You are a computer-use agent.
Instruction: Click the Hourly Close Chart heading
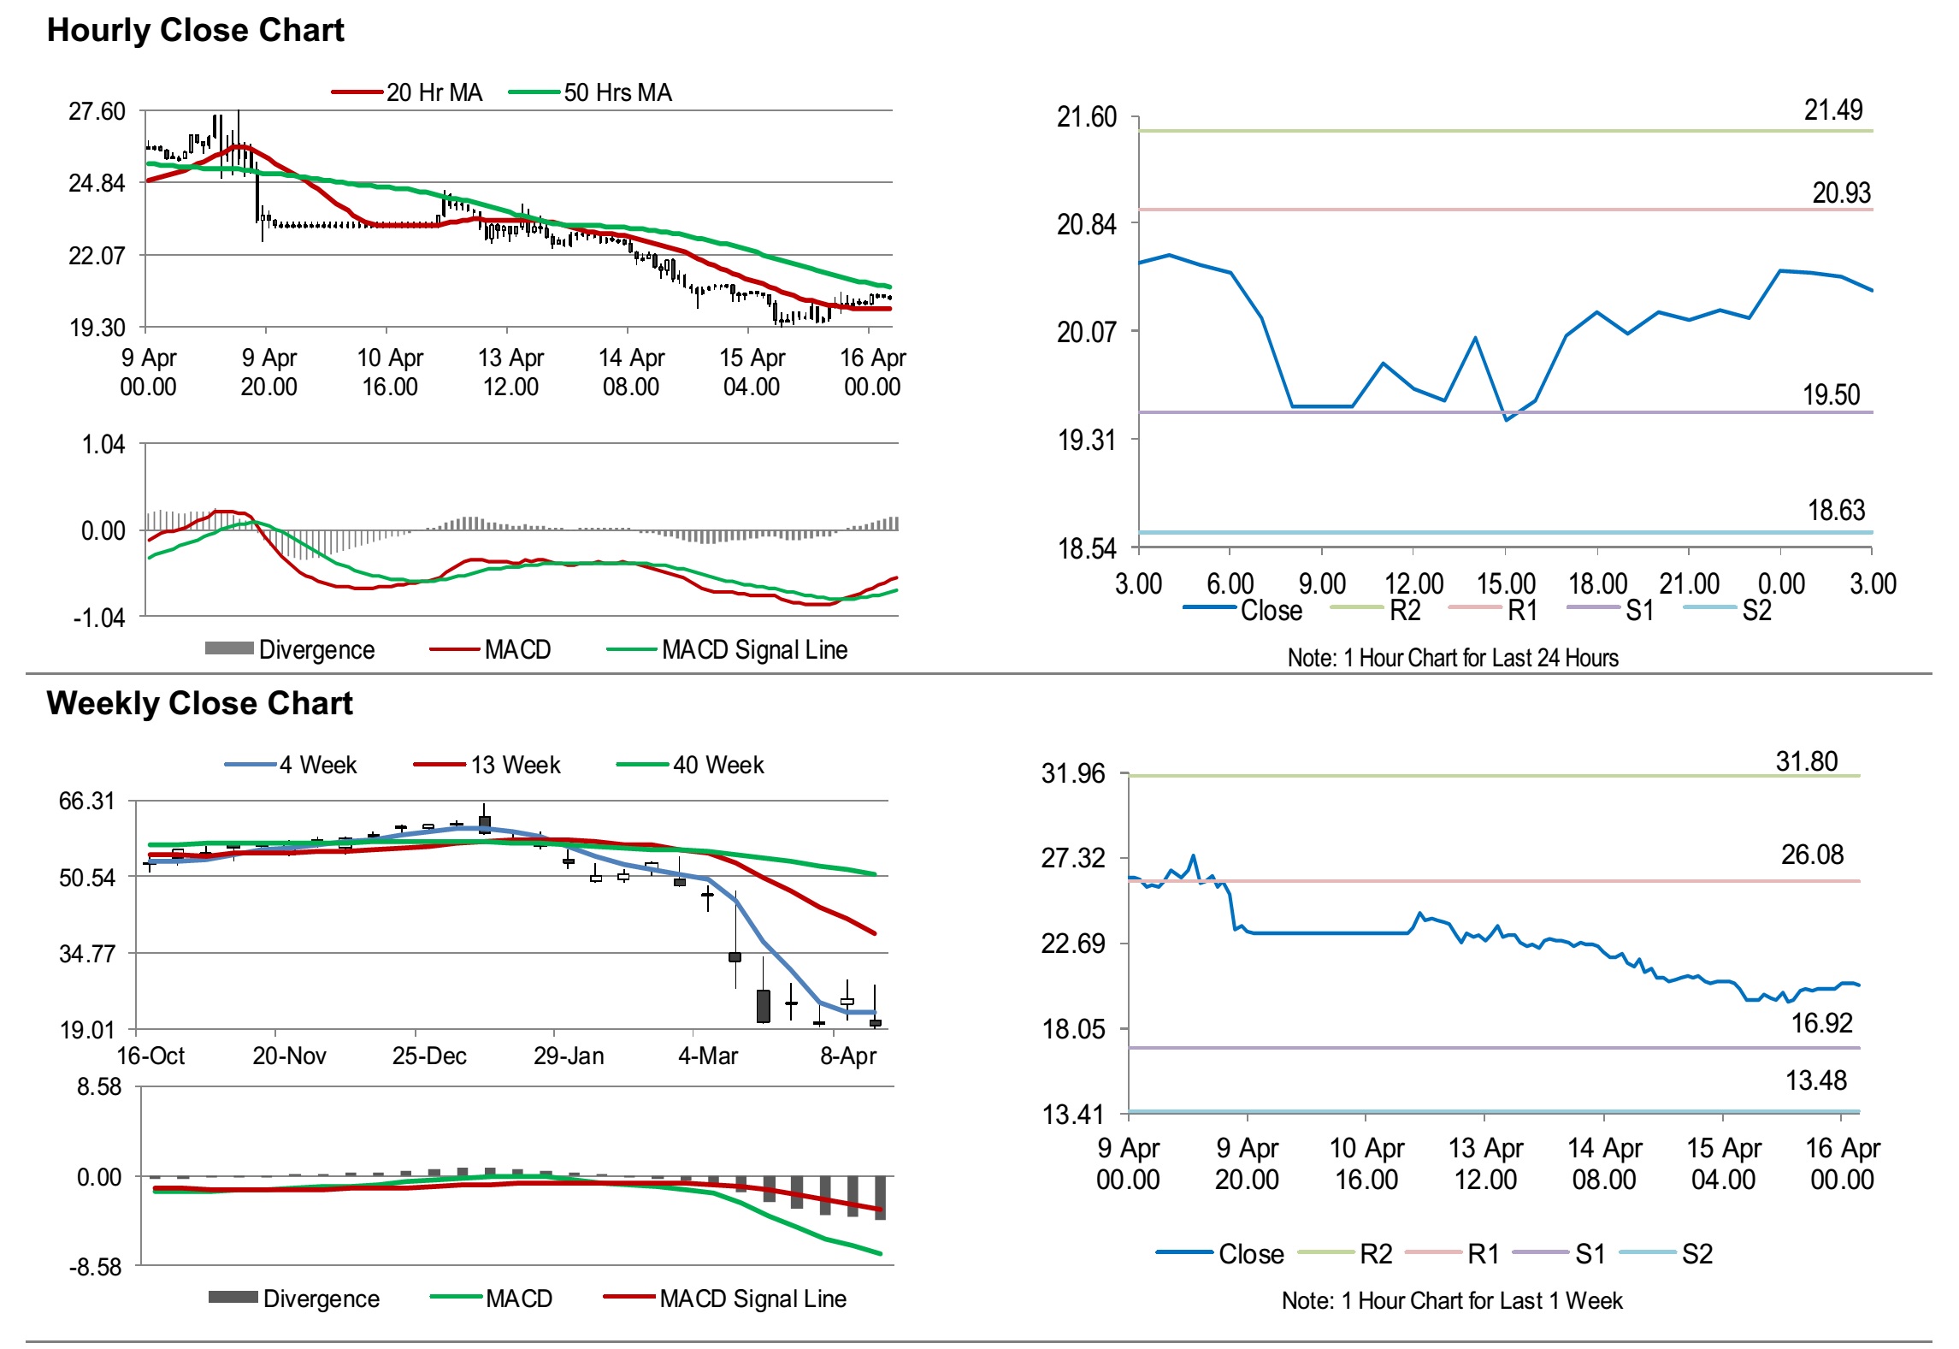[195, 31]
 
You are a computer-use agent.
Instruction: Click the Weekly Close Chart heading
[199, 703]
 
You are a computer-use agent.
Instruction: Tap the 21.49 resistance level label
[1832, 110]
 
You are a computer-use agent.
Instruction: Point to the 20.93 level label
[1841, 193]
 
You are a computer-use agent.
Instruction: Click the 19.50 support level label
[1831, 395]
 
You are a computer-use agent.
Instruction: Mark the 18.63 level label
[1836, 511]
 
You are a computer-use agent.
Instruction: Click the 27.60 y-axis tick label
[97, 112]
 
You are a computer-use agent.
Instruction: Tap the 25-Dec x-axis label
[429, 1056]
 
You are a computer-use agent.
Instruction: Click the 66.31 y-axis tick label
[86, 802]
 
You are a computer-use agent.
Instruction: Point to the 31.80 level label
[1806, 761]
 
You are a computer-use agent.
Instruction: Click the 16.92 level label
[1821, 1023]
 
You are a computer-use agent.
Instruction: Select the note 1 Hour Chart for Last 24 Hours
[1453, 658]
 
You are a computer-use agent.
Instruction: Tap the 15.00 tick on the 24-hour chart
[1506, 584]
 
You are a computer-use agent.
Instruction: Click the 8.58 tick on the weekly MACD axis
[99, 1087]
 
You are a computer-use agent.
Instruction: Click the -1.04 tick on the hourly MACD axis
[98, 618]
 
